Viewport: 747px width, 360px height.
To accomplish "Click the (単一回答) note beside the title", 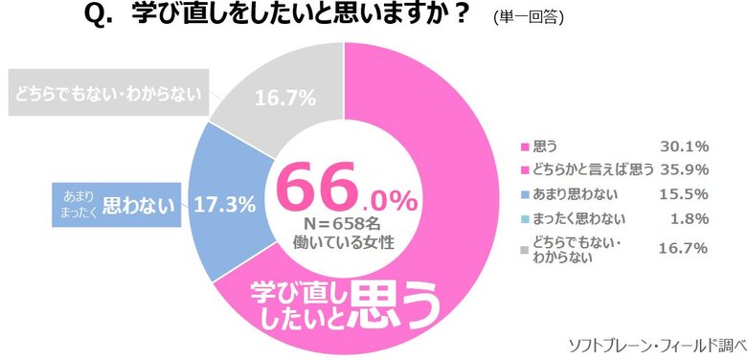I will click(x=528, y=18).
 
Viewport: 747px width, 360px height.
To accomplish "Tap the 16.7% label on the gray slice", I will click(x=283, y=97).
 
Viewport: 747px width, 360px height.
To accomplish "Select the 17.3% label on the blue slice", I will click(x=226, y=203).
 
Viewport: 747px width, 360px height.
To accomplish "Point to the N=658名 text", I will click(x=342, y=226).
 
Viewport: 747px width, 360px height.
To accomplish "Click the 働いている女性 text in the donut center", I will click(x=342, y=244).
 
